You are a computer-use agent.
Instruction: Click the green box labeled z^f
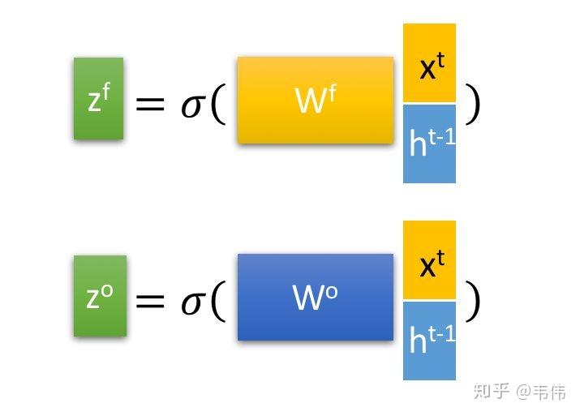[98, 98]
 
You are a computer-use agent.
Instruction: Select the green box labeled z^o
[100, 296]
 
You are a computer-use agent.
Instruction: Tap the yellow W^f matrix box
[315, 100]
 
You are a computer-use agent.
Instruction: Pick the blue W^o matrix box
[315, 297]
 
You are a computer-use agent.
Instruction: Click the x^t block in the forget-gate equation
[429, 63]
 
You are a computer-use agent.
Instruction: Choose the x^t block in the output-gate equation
[429, 260]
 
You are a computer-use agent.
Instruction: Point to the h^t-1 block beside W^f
[429, 143]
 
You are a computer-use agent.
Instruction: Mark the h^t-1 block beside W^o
[429, 341]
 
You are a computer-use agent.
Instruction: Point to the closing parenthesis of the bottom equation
[472, 300]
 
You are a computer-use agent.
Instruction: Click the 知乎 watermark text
[492, 392]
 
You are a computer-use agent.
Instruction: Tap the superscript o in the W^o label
[332, 291]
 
